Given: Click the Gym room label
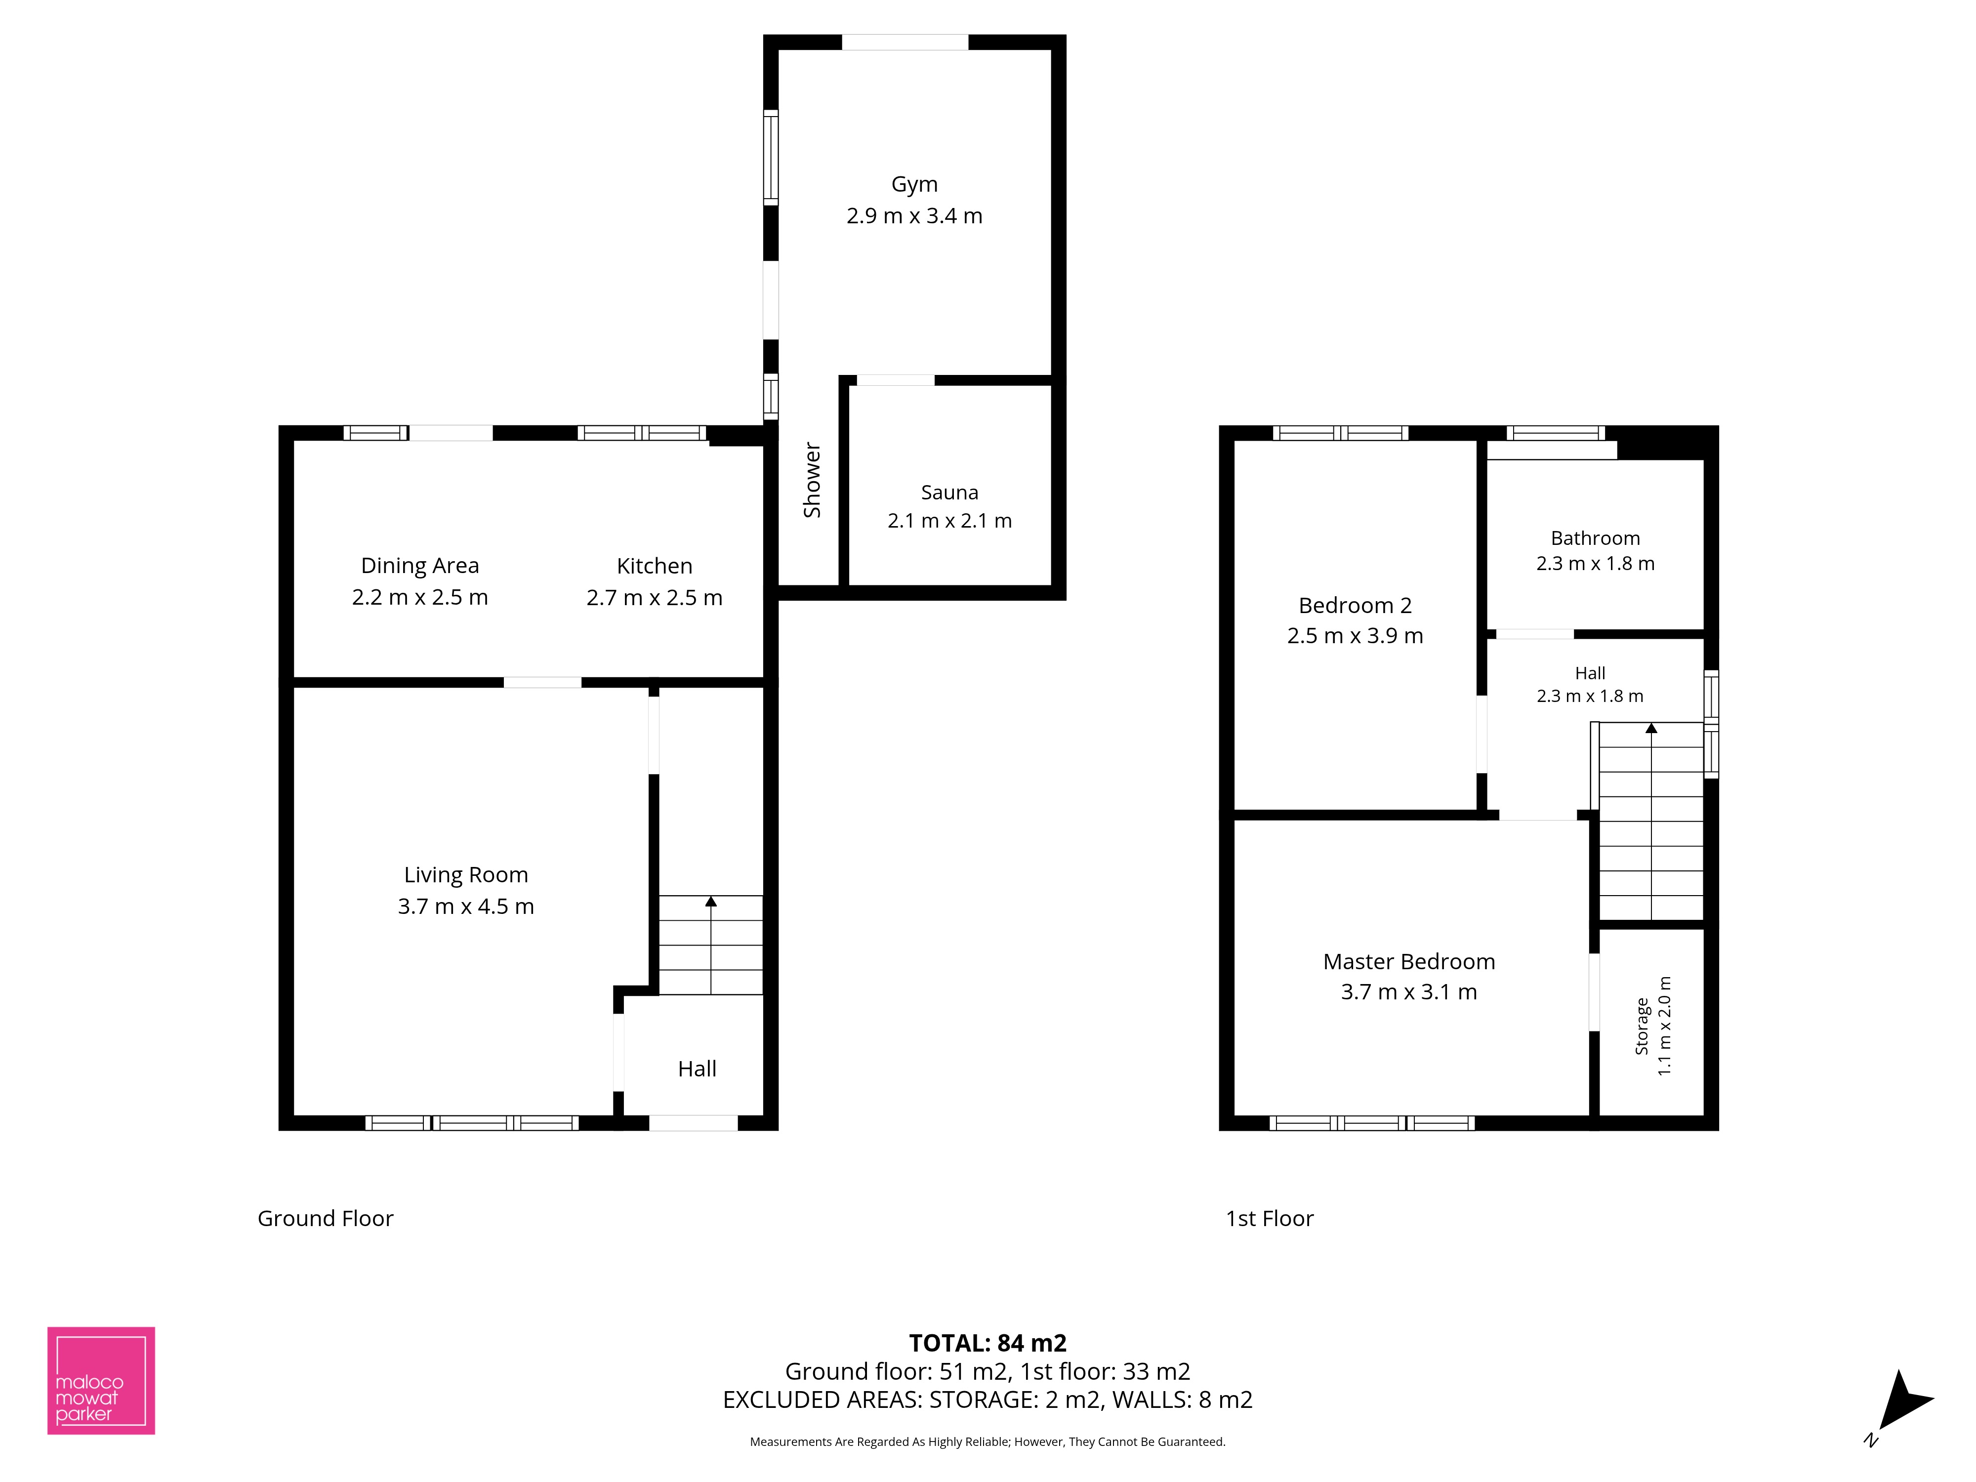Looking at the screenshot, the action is pos(914,184).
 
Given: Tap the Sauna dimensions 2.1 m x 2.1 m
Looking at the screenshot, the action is pos(949,521).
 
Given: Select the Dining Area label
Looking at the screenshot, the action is pos(420,566).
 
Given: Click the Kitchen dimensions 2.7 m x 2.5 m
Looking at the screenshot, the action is pos(654,598).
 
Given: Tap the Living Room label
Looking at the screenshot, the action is pos(465,874).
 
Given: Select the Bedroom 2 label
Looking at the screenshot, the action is pos(1355,606).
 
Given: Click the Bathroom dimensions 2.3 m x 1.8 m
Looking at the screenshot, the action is pos(1596,564).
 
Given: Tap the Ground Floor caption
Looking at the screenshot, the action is pos(325,1219).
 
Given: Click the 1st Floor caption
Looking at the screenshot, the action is pos(1270,1219).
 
